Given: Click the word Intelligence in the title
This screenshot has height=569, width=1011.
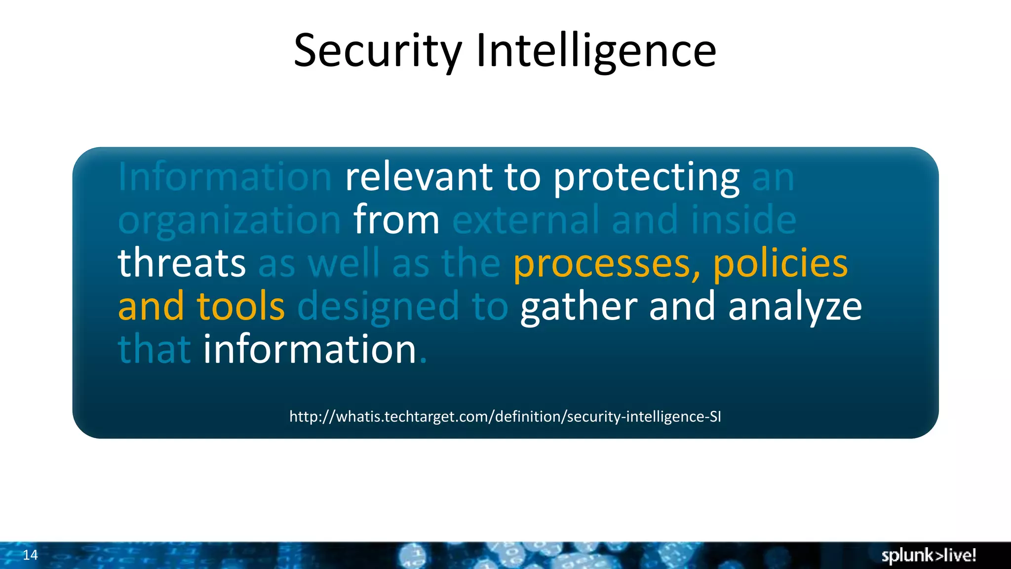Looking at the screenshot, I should pos(596,51).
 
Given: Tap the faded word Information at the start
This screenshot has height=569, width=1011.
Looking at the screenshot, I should pos(225,177).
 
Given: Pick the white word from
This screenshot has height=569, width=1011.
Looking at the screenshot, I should pos(396,220).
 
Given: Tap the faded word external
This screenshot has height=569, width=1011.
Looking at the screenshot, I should pos(526,220).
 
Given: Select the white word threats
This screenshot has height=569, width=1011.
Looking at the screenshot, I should pos(182,263).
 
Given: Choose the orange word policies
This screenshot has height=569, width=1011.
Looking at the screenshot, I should pos(780,263).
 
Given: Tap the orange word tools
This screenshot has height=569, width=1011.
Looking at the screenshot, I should pos(241,306).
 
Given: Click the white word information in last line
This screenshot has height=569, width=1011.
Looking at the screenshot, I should pos(310,349).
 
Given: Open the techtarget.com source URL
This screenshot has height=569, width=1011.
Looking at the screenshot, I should pos(505,416).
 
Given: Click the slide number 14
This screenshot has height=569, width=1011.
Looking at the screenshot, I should pos(30,555).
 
